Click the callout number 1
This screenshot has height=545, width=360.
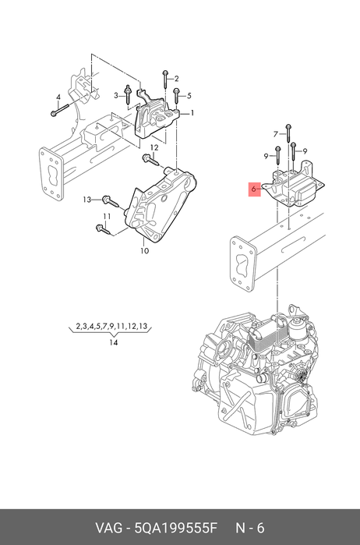[x=192, y=113]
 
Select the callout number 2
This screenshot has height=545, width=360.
[x=177, y=79]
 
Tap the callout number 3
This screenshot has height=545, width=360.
[x=116, y=96]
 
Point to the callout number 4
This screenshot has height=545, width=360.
[x=58, y=97]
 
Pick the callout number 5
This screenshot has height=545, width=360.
[x=189, y=96]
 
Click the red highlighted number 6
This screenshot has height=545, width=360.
[x=254, y=189]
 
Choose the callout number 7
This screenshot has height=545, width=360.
[x=276, y=134]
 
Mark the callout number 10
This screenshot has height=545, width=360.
[x=145, y=250]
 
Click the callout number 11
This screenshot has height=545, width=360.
[x=107, y=217]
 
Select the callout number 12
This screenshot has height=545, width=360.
[x=154, y=147]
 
